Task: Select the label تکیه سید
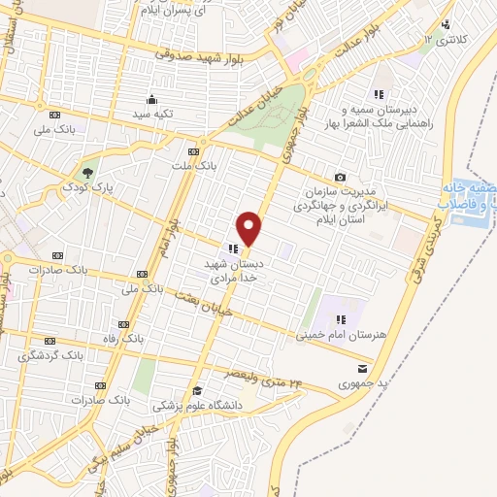(153, 114)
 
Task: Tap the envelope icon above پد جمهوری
(362, 369)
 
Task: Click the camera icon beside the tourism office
(340, 177)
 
